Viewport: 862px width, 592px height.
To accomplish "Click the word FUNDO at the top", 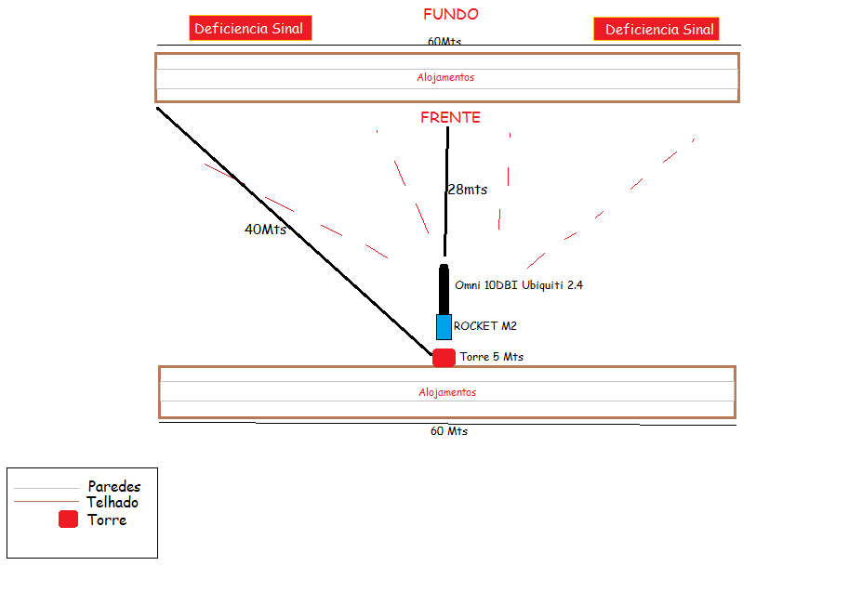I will coord(451,15).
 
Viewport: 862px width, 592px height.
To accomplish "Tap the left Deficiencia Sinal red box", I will coord(249,29).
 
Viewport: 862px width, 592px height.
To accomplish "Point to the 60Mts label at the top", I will coord(444,42).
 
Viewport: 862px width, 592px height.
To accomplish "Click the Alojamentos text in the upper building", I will coord(445,77).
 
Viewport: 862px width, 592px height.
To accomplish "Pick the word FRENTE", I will coord(450,118).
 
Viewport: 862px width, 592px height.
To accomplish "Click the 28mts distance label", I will coord(467,190).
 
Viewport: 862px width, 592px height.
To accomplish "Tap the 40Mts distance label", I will coord(265,230).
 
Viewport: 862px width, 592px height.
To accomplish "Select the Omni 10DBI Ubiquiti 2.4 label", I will coord(519,285).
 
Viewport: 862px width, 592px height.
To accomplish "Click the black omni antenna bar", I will coord(444,290).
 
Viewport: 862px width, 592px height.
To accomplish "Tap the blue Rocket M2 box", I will coord(444,327).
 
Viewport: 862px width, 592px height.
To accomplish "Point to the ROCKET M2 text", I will coord(484,326).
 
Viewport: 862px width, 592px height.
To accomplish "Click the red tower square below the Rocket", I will coord(444,357).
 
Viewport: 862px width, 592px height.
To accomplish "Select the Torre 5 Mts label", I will coord(491,357).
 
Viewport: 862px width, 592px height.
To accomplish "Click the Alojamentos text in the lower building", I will coord(447,392).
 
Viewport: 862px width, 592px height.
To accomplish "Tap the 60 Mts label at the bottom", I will coord(448,431).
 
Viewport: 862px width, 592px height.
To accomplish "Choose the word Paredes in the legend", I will coord(114,486).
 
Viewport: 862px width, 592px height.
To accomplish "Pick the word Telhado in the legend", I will coord(113,503).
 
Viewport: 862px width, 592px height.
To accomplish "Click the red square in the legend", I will coord(68,520).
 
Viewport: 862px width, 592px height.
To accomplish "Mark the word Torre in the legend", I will coord(107,520).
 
